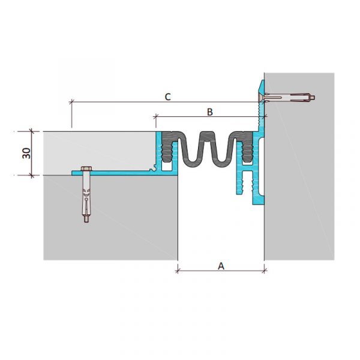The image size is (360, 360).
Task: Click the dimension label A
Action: pyautogui.click(x=221, y=266)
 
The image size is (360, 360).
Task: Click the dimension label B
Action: pyautogui.click(x=210, y=112)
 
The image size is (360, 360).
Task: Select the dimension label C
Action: pyautogui.click(x=168, y=97)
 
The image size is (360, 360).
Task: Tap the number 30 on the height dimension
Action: pyautogui.click(x=26, y=153)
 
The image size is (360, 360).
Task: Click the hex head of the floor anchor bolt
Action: pyautogui.click(x=86, y=169)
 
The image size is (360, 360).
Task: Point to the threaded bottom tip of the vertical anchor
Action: pyautogui.click(x=86, y=220)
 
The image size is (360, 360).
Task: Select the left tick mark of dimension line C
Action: pyautogui.click(x=72, y=102)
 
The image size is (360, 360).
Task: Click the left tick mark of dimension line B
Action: pyautogui.click(x=156, y=117)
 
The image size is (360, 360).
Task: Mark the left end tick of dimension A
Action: pyautogui.click(x=178, y=271)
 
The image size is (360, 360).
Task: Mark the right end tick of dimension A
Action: pyautogui.click(x=264, y=271)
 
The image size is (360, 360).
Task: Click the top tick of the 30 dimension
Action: pyautogui.click(x=32, y=131)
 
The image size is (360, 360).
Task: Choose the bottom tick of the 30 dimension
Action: pyautogui.click(x=32, y=176)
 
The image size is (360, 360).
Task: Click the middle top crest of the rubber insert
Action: pyautogui.click(x=206, y=134)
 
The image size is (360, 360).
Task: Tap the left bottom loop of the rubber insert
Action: pyautogui.click(x=191, y=163)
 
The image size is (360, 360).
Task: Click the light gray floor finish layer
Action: pyautogui.click(x=99, y=151)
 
